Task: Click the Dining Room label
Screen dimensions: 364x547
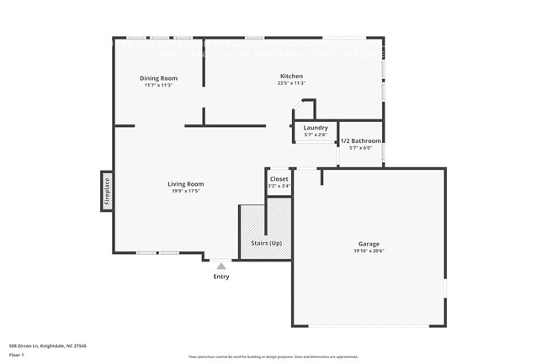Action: click(x=158, y=77)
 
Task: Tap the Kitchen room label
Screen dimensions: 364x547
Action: click(x=291, y=76)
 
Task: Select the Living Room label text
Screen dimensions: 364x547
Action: click(x=185, y=183)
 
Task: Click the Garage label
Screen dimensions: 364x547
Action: click(x=368, y=243)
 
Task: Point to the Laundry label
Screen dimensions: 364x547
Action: click(x=316, y=128)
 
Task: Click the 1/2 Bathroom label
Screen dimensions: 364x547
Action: click(x=360, y=141)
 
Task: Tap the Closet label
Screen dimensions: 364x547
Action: click(x=279, y=179)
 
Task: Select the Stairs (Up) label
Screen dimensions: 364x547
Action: click(x=266, y=243)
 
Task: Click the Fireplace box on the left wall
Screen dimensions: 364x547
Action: click(x=107, y=191)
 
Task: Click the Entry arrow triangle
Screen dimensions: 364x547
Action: click(x=221, y=266)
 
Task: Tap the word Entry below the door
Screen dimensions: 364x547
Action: click(x=221, y=277)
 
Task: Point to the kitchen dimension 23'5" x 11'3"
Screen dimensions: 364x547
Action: click(x=291, y=83)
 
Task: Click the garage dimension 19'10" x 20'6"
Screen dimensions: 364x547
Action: click(x=368, y=251)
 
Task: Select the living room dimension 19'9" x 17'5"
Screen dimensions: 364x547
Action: click(x=185, y=191)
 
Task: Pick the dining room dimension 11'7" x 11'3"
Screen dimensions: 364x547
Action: click(x=158, y=85)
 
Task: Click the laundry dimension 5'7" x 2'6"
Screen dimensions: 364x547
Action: click(x=316, y=135)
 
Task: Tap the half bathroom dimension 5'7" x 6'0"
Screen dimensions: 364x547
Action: click(x=360, y=148)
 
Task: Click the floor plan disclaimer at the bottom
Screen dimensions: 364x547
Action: click(x=273, y=357)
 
